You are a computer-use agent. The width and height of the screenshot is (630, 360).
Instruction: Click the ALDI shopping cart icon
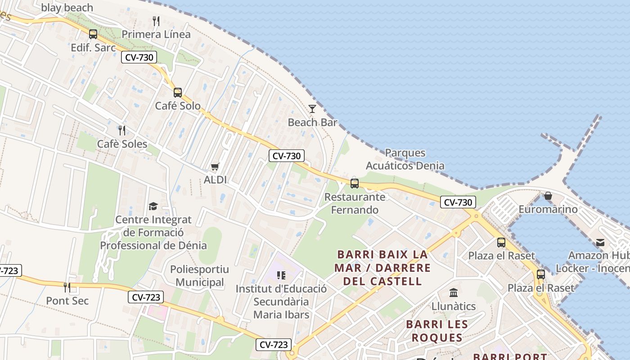[x=215, y=167]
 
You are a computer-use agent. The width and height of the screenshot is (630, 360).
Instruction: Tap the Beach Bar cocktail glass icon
[x=312, y=109]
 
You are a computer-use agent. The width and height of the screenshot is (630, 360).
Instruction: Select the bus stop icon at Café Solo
[x=178, y=93]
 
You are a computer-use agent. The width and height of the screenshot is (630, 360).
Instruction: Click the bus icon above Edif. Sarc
[x=93, y=34]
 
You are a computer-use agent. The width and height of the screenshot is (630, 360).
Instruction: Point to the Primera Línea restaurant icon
[x=156, y=21]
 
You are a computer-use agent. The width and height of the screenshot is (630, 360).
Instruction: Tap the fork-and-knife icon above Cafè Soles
[x=122, y=130]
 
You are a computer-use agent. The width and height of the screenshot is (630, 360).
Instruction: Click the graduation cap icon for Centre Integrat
[x=153, y=207]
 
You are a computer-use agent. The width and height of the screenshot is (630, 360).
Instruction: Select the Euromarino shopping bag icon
[x=548, y=196]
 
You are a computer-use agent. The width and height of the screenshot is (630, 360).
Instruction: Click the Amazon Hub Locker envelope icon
[x=600, y=243]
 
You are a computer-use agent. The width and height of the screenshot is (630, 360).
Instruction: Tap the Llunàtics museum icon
[x=454, y=293]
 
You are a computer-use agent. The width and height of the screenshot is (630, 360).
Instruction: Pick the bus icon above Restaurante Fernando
[x=355, y=184]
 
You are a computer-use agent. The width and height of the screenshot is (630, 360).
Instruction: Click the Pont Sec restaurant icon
[x=67, y=287]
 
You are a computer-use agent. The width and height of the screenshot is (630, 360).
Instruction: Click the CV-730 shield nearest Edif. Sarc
[x=139, y=57]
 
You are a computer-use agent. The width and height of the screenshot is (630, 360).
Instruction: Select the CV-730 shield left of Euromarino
[x=458, y=202]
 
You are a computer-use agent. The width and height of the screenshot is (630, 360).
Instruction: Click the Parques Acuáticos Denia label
[x=405, y=159]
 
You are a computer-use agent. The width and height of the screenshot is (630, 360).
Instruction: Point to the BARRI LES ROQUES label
[x=437, y=331]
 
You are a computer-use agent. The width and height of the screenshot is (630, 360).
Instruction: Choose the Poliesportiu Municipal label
[x=199, y=276]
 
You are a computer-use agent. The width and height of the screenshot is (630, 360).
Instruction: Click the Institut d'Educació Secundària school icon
[x=281, y=275]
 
